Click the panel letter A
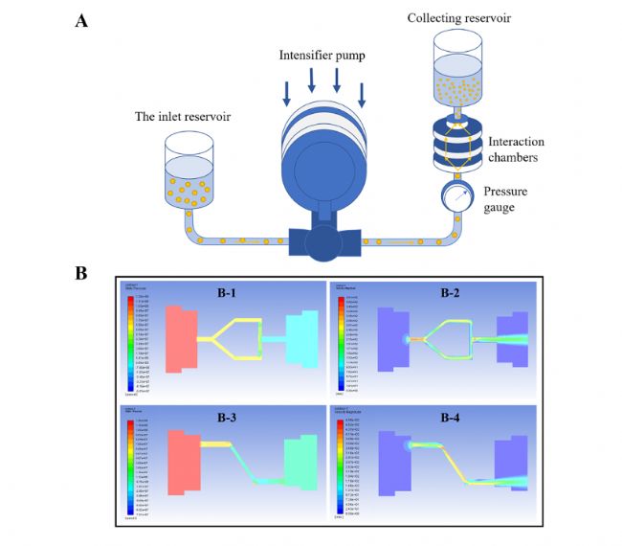coord(83,20)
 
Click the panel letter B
coord(82,273)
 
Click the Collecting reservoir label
coord(458,18)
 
